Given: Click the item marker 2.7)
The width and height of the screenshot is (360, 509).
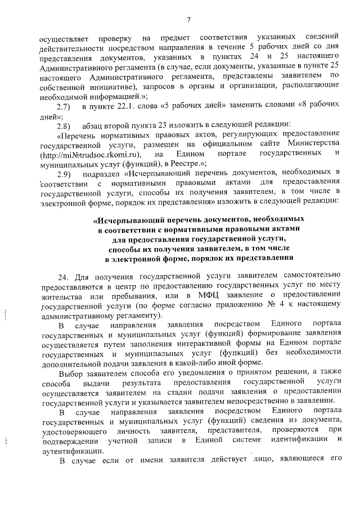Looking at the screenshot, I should click(64, 106).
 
